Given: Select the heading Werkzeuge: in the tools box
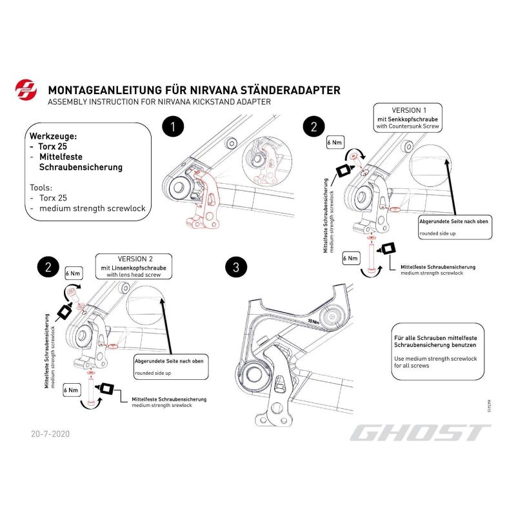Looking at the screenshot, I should coord(53,137).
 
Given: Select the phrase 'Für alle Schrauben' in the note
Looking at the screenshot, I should coord(417,337).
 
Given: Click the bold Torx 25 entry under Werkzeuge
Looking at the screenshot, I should coord(53,147).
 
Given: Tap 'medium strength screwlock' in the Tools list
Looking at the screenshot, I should coord(92,208).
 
